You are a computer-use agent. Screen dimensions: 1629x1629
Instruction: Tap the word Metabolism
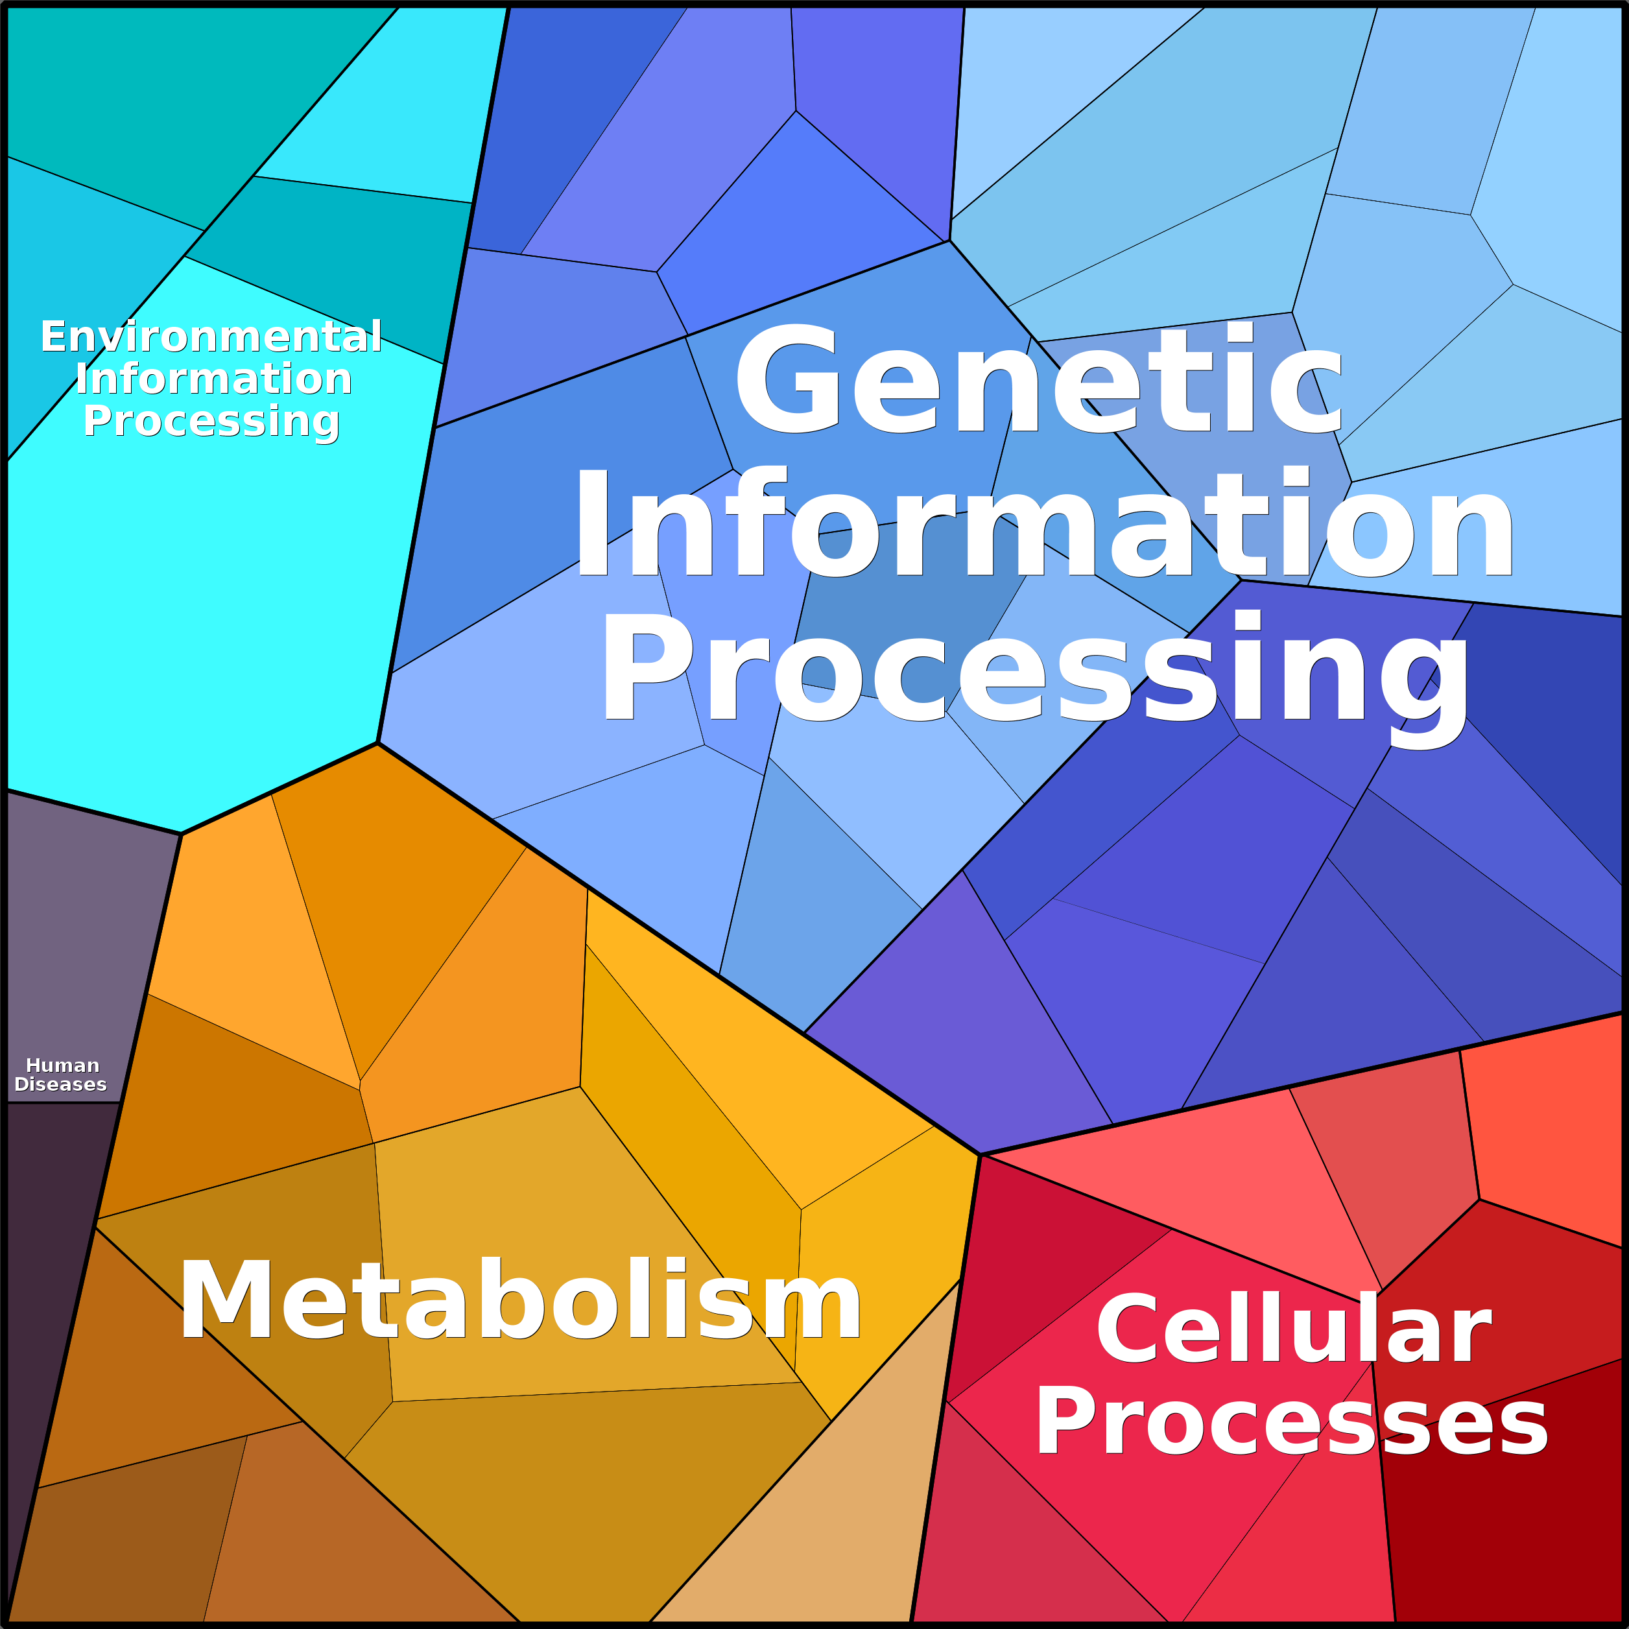coord(520,1300)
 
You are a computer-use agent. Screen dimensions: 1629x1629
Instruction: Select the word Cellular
coord(1294,1331)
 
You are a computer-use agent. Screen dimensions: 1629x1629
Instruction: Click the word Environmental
coord(211,337)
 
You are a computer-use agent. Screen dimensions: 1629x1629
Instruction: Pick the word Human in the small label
coord(62,1065)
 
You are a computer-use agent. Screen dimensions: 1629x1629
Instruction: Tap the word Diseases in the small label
coord(61,1084)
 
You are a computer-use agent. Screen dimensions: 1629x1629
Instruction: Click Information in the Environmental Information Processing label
coord(213,379)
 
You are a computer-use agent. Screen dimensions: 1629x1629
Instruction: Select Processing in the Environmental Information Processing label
coord(211,422)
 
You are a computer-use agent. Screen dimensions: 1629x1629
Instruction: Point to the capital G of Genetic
coord(787,379)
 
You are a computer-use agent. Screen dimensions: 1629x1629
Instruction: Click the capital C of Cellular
coord(1130,1329)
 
